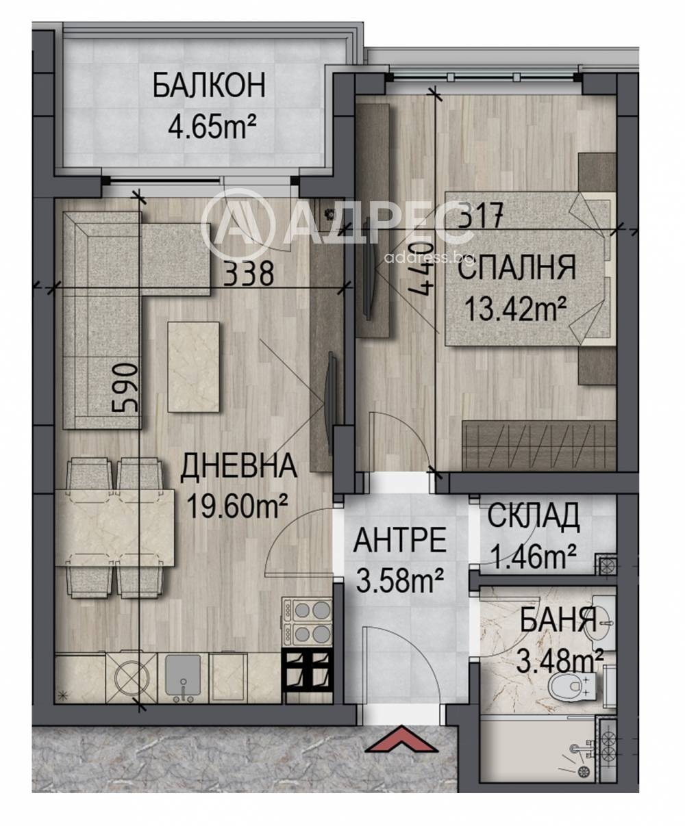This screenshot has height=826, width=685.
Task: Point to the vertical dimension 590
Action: coord(125,388)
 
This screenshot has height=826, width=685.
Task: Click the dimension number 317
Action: coord(480,215)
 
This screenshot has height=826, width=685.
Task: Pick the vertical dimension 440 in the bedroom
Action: coord(421,269)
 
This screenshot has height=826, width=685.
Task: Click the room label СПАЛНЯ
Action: coord(518,268)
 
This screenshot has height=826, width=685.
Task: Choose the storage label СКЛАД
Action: coord(534,515)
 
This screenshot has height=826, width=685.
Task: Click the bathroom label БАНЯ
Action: coord(558,620)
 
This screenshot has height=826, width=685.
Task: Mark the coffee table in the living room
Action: coord(194,367)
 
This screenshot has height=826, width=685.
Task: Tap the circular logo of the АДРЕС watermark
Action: coord(237,224)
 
